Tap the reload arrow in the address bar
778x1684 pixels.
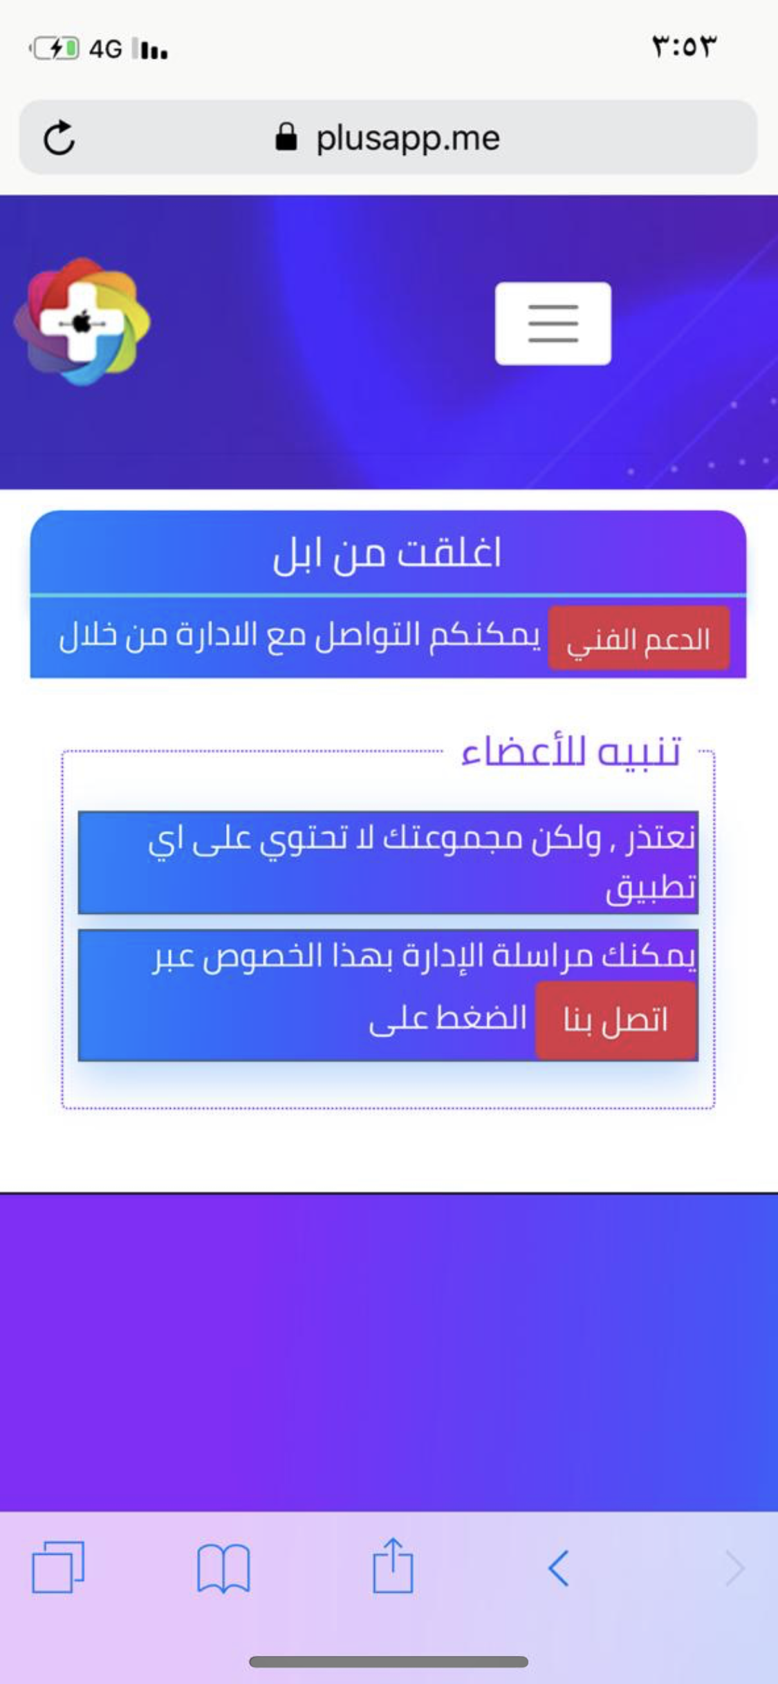(x=59, y=138)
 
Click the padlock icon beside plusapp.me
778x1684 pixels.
(x=286, y=137)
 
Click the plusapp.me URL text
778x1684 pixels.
(x=408, y=138)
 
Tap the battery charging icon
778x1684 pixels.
(x=55, y=48)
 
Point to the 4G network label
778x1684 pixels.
(x=105, y=49)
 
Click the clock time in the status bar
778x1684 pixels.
(x=684, y=46)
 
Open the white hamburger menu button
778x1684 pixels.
(x=553, y=323)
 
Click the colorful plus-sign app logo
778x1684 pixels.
(x=82, y=321)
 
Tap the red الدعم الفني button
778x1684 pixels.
(x=639, y=638)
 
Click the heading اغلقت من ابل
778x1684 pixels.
(x=387, y=554)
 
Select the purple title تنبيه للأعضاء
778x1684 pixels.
(x=571, y=751)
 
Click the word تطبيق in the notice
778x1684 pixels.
(x=651, y=888)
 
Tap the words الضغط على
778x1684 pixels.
(x=448, y=1018)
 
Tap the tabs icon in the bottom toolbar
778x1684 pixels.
(x=58, y=1566)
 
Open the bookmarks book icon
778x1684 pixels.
(x=223, y=1568)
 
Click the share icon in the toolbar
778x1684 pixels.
(x=393, y=1565)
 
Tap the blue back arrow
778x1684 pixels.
(x=559, y=1567)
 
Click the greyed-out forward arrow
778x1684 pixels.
(x=735, y=1567)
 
